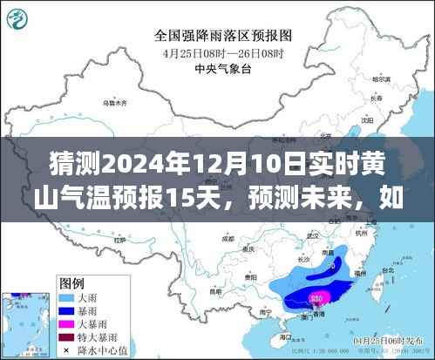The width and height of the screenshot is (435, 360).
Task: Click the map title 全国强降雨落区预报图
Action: [222, 36]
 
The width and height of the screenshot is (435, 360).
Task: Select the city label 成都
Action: [228, 237]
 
